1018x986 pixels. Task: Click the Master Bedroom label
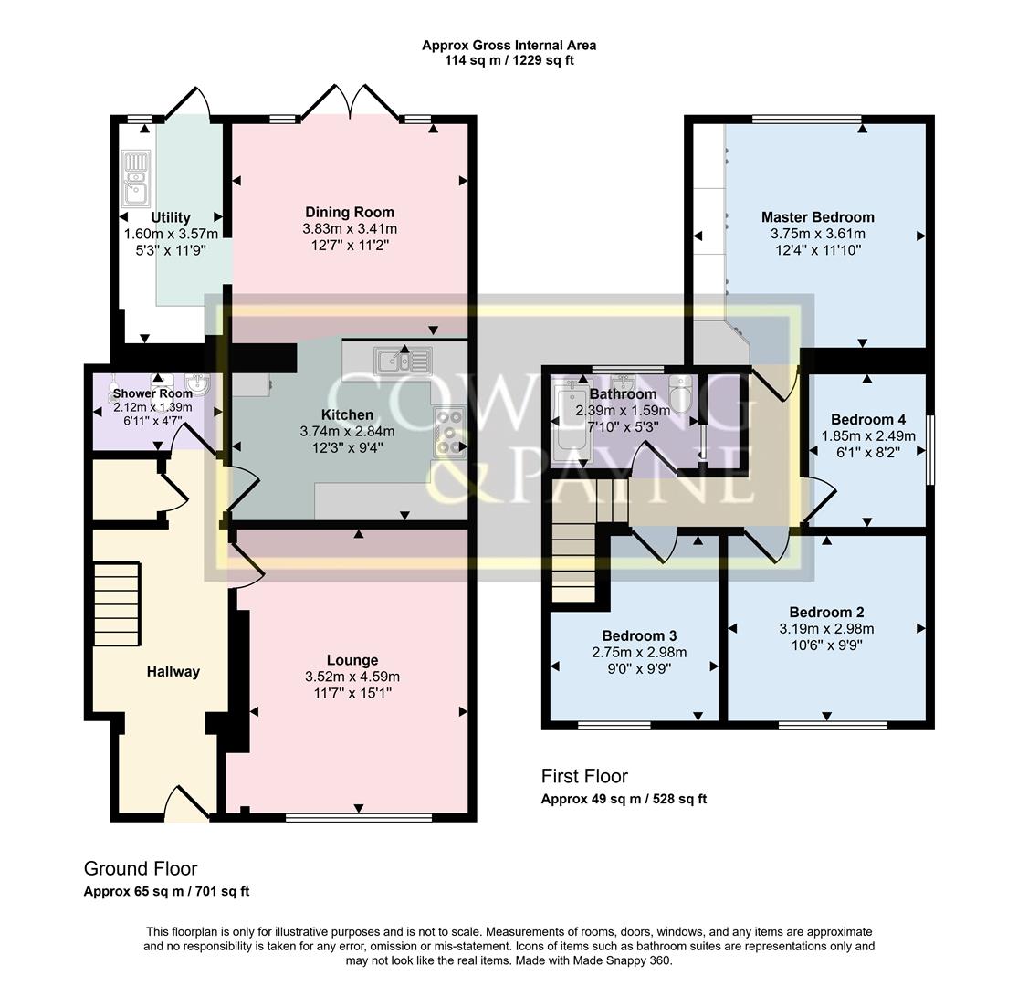pos(817,217)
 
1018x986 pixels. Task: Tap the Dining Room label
pos(350,213)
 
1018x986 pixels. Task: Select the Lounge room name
pos(352,660)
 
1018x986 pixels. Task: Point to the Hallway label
pos(173,672)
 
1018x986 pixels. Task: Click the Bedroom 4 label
pos(867,420)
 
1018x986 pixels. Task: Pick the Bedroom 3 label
pos(639,635)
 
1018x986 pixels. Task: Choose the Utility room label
pos(171,217)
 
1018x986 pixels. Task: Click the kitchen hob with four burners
pos(449,431)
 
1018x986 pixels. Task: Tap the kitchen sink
pos(403,362)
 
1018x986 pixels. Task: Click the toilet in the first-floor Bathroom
pos(680,393)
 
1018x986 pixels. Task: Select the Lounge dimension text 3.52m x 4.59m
pos(352,677)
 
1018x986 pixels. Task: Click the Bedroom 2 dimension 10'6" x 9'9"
pos(826,645)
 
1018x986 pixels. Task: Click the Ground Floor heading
pos(141,868)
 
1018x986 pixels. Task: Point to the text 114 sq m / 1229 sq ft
pos(509,60)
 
